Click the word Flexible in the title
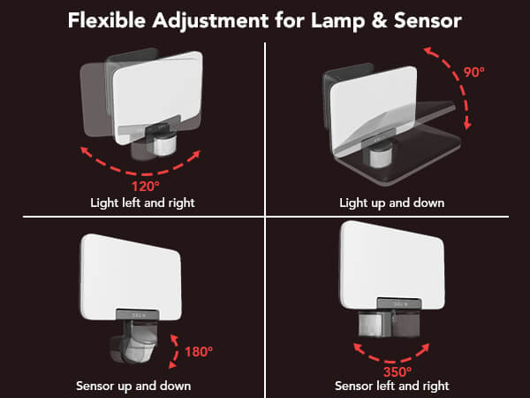click(x=107, y=20)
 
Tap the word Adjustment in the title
click(x=210, y=21)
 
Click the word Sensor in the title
click(x=428, y=20)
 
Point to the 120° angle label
click(x=146, y=187)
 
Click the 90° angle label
click(x=473, y=73)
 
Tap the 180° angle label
click(x=199, y=352)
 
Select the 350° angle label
click(x=397, y=372)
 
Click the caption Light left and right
click(x=142, y=203)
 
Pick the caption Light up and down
click(x=391, y=203)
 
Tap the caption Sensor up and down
click(x=133, y=386)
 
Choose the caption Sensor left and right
click(x=392, y=386)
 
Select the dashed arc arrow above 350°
click(x=391, y=362)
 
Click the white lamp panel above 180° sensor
click(x=131, y=277)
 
